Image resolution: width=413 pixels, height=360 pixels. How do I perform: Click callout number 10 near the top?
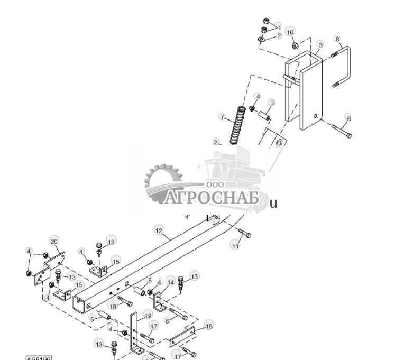[x=290, y=32]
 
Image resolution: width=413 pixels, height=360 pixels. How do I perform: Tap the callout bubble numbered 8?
[x=337, y=39]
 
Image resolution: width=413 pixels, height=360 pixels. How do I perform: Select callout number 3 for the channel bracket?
[x=320, y=45]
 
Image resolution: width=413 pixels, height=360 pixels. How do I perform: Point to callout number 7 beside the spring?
[x=223, y=117]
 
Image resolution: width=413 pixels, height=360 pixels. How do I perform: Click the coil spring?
[x=236, y=125]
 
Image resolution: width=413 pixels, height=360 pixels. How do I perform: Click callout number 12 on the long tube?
[x=159, y=230]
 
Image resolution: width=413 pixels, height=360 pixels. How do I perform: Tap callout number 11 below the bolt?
[x=235, y=245]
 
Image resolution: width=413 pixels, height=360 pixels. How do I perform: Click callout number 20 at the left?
[x=54, y=241]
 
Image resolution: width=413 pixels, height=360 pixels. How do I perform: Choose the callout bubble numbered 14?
[x=170, y=280]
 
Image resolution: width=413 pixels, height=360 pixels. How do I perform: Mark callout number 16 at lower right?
[x=209, y=326]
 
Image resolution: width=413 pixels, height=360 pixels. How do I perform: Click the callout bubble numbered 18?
[x=113, y=306]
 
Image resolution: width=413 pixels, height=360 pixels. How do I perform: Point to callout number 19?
[x=148, y=316]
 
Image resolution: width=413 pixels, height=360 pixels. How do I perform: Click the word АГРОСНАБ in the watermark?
[x=212, y=198]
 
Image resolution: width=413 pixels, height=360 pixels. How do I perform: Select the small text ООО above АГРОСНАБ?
[x=215, y=184]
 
